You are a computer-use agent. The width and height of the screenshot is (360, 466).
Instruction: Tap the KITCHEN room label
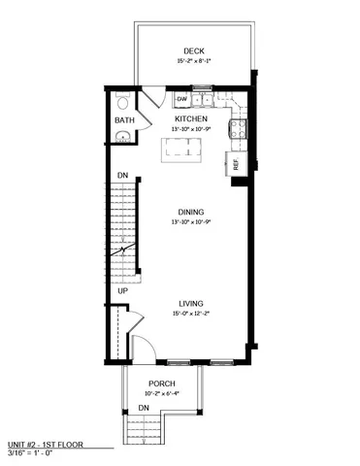tap(191, 118)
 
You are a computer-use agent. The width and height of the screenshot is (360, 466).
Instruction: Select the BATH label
tap(124, 120)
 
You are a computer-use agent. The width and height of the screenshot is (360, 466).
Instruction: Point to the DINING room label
tap(190, 213)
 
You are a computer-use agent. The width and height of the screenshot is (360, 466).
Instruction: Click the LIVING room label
tap(190, 304)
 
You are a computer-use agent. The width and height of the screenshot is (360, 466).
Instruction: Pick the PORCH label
tap(161, 384)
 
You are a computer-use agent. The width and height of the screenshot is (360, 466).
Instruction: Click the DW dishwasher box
tap(182, 99)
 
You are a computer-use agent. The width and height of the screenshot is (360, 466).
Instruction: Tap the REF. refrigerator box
tap(235, 163)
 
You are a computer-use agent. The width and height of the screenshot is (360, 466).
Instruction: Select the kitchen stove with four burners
tap(237, 128)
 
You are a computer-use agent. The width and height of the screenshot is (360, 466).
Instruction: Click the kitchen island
tap(185, 148)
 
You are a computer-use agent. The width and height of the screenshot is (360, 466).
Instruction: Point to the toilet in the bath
tap(122, 102)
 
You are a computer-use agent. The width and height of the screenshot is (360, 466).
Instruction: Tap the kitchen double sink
tap(203, 99)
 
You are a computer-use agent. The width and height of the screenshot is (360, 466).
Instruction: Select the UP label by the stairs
tap(123, 290)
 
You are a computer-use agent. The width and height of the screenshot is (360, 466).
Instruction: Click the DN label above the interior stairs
tap(123, 175)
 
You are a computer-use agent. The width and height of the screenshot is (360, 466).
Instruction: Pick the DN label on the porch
tap(143, 408)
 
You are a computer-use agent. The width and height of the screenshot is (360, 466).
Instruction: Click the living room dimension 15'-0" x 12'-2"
tap(190, 314)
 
